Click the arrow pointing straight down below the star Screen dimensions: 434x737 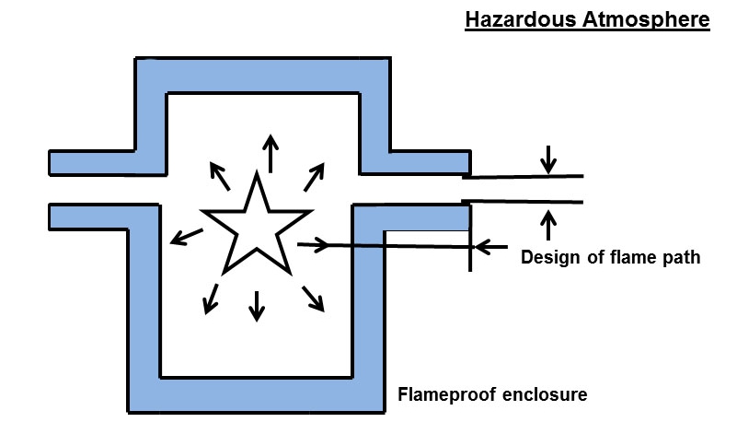(x=257, y=305)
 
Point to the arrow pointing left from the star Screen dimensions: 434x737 (x=187, y=236)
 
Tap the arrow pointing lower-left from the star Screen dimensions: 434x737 (x=209, y=296)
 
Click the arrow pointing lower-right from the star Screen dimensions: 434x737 (x=313, y=297)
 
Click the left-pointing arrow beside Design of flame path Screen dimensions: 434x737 (x=492, y=247)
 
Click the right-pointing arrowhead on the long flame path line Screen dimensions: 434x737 (x=321, y=244)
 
